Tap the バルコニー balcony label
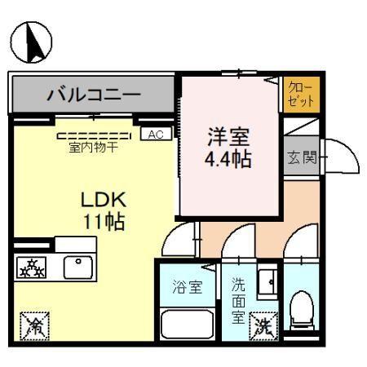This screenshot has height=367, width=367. tap(92, 94)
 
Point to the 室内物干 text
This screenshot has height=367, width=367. tap(92, 148)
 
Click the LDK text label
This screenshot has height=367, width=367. tap(102, 200)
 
